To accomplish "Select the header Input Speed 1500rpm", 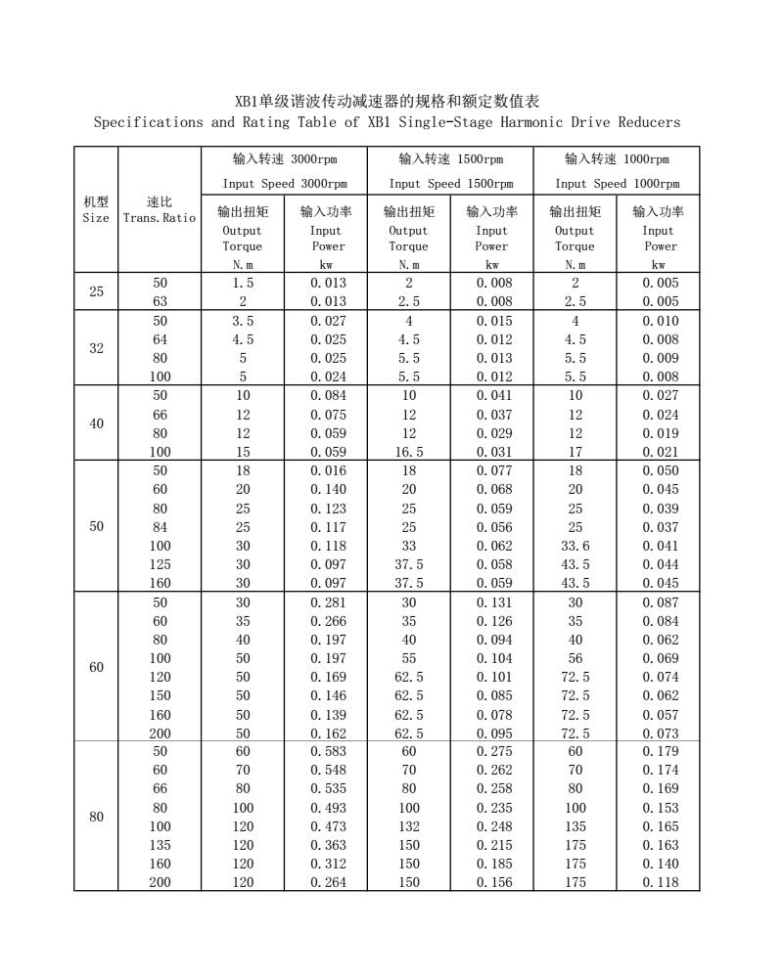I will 450,183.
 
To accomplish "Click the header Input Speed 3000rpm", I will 284,183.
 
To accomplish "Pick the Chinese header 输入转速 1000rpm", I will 617,158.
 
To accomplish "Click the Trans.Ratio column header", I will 160,217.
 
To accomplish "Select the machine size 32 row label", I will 96,348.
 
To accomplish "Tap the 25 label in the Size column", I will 96,291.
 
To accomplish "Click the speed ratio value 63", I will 160,301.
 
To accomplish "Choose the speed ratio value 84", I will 160,527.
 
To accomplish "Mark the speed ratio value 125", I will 160,564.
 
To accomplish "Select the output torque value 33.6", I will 575,546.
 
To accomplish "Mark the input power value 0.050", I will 658,470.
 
